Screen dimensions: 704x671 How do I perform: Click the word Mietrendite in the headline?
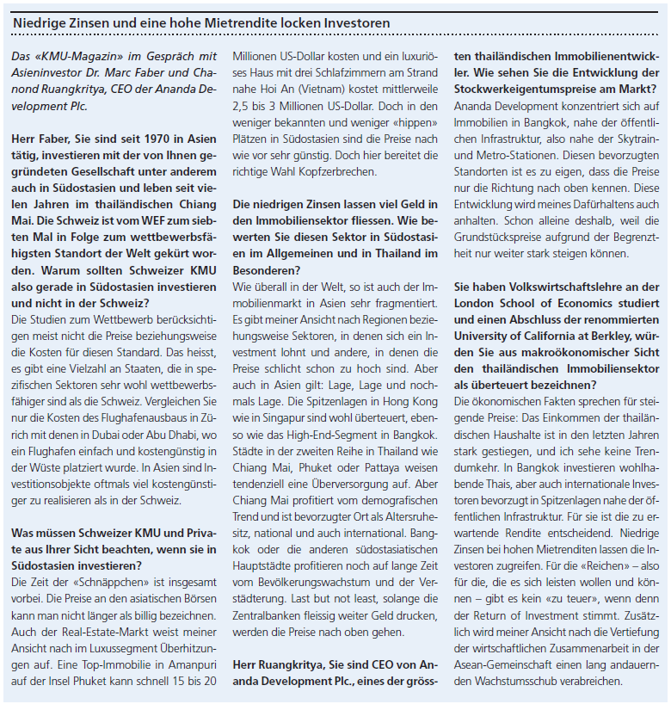(213, 22)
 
